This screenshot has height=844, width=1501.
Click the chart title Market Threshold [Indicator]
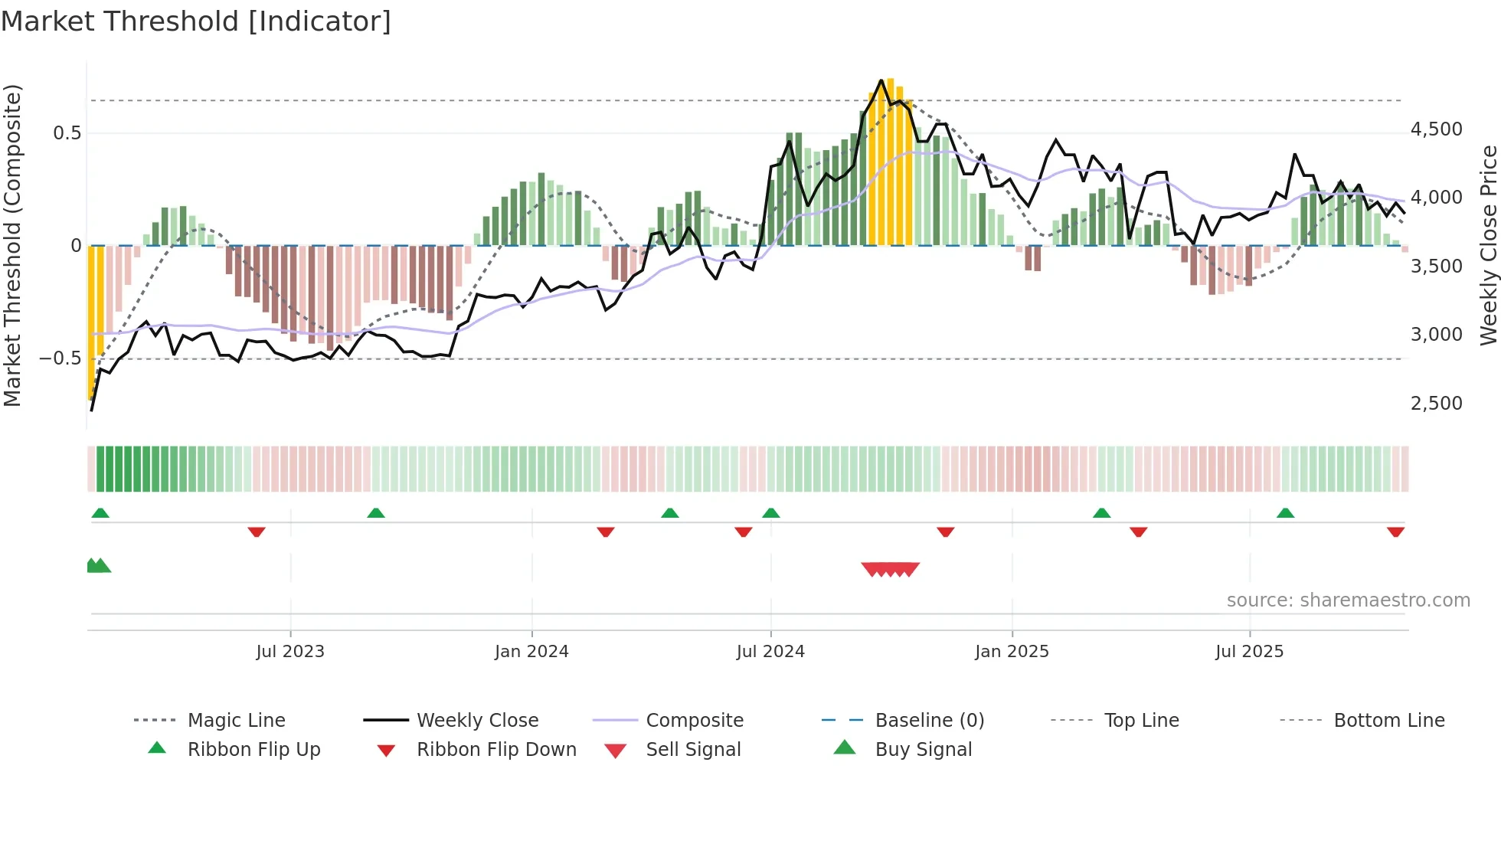[196, 21]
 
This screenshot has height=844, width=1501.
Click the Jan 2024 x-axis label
[531, 652]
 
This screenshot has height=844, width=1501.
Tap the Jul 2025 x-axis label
[1249, 652]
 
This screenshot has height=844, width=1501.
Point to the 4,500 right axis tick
[1436, 129]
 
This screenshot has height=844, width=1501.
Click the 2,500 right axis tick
[1436, 404]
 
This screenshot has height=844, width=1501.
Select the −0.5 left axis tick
[60, 358]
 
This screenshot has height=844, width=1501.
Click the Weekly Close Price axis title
[1488, 245]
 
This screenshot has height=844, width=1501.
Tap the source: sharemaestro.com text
[1348, 600]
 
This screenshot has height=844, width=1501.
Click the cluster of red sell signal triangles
[890, 569]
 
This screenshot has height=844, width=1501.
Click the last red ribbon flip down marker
[1395, 532]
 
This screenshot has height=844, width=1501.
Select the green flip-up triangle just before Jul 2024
[770, 513]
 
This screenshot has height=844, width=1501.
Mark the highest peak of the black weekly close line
[881, 80]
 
